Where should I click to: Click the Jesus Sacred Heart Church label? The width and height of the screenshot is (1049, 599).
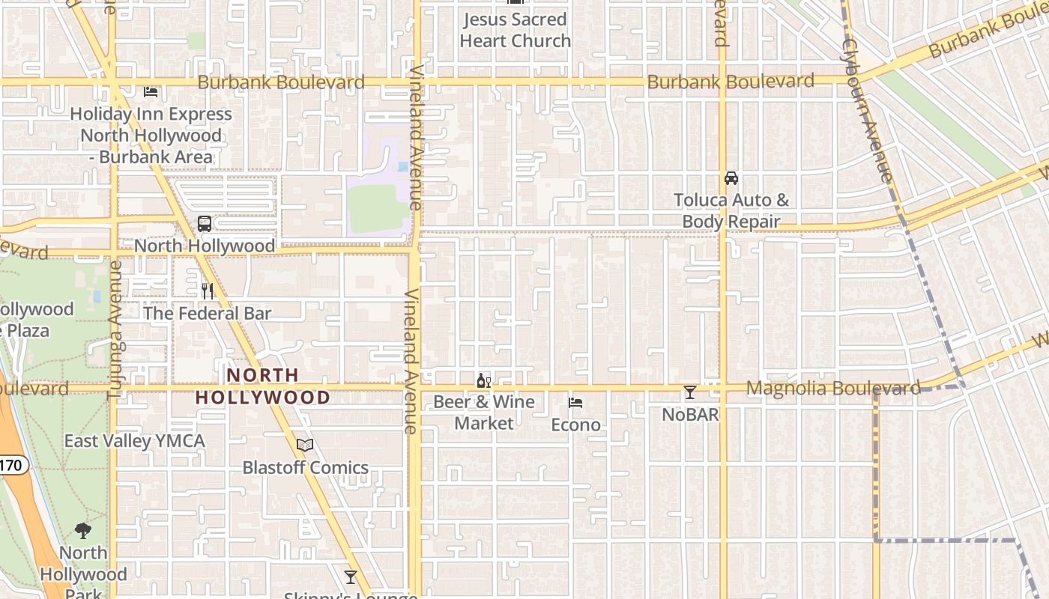coord(516,30)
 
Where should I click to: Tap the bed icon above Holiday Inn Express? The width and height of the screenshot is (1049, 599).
coord(151,92)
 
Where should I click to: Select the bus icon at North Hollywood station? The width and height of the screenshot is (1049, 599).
coord(205,224)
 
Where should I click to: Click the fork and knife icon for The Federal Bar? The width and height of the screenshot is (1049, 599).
coord(208,291)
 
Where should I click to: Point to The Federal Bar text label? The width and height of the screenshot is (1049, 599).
coord(207,313)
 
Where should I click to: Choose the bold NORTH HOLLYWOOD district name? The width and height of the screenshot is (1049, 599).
coord(263,386)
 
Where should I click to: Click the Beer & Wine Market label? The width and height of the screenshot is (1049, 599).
coord(484,413)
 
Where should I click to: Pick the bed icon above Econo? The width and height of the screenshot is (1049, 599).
coord(575,403)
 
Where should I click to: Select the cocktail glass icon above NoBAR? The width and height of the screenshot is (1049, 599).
coord(690,392)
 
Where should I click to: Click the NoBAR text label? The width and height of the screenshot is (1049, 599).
coord(690,414)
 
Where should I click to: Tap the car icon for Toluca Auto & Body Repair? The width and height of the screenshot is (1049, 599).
coord(731,178)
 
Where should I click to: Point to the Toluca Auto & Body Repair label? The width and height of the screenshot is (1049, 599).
coord(731,211)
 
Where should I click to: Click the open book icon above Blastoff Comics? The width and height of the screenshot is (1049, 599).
coord(305,446)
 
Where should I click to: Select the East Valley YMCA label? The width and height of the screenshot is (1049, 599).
coord(134,441)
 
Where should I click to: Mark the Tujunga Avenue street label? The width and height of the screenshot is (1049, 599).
coord(115,329)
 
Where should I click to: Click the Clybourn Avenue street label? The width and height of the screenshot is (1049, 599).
coord(867,110)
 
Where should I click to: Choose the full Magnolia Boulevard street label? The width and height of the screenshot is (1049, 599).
coord(833,388)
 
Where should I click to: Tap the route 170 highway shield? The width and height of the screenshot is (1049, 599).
coord(10,466)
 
